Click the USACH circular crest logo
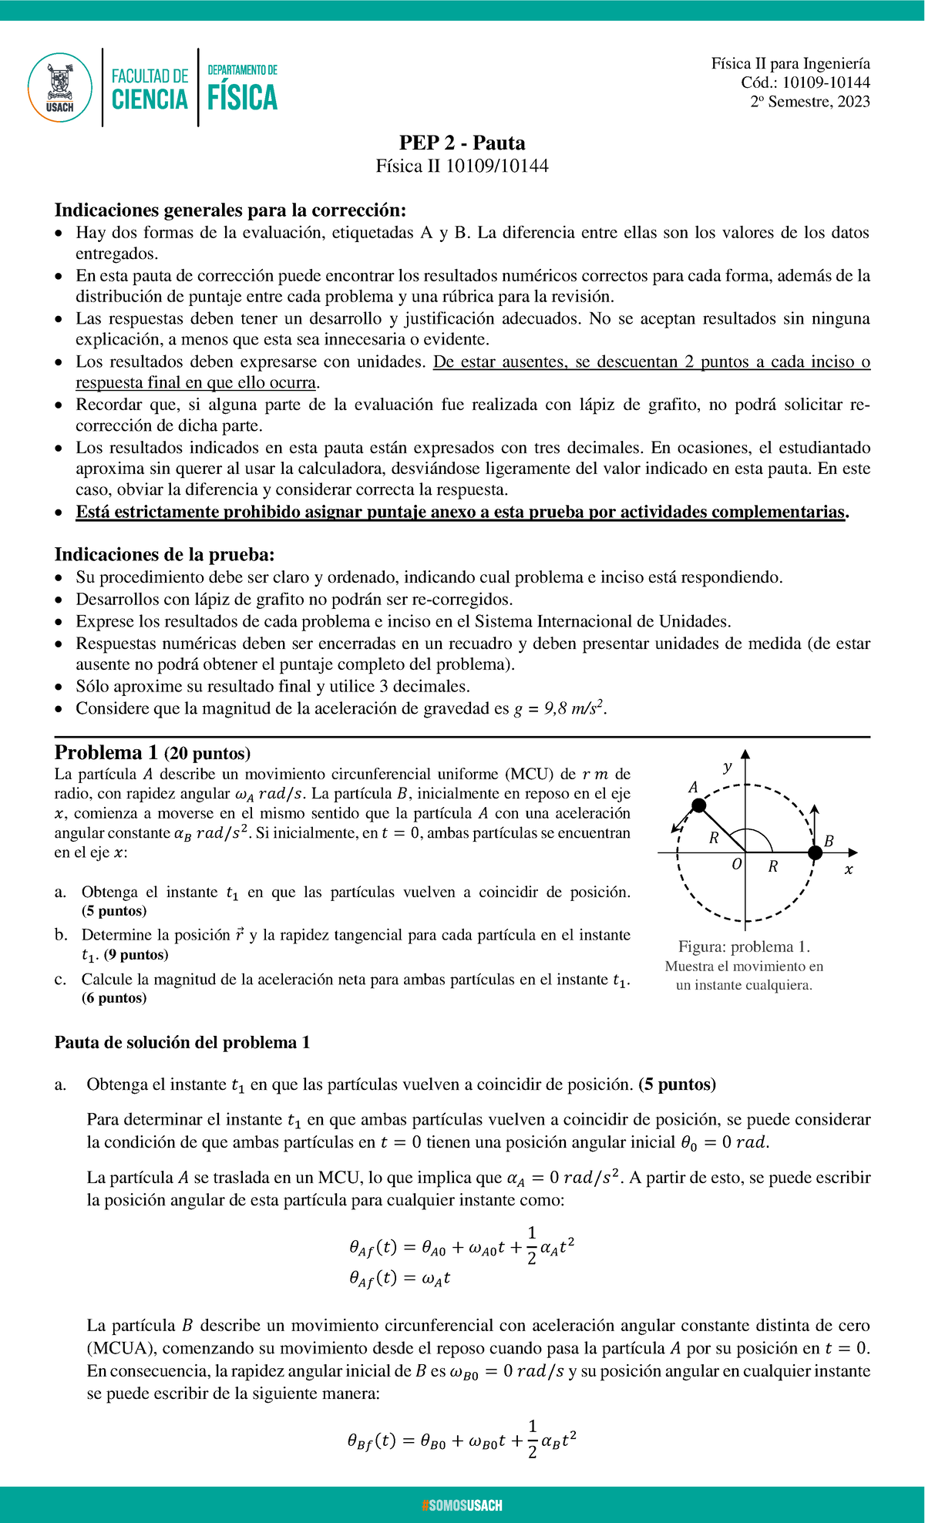click(59, 87)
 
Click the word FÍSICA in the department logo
click(242, 99)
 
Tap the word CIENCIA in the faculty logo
click(150, 99)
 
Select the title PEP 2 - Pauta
click(462, 143)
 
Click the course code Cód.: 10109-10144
click(806, 82)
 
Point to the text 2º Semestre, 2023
click(810, 102)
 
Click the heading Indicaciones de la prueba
click(164, 554)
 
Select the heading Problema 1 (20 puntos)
click(152, 753)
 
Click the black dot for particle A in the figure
click(698, 805)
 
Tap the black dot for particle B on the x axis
click(815, 852)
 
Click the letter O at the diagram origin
click(737, 864)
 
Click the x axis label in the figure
click(849, 869)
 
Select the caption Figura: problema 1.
click(744, 946)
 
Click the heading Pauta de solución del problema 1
click(182, 1043)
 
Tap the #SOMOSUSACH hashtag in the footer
click(462, 1505)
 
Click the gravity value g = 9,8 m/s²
click(560, 708)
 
